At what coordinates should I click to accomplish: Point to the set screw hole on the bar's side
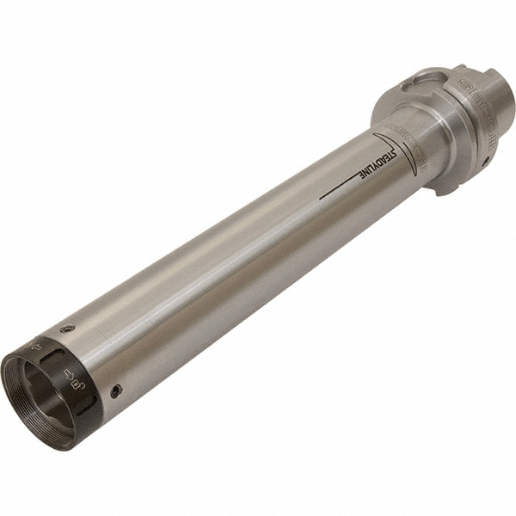(116, 391)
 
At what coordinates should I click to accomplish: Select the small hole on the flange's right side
(486, 160)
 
